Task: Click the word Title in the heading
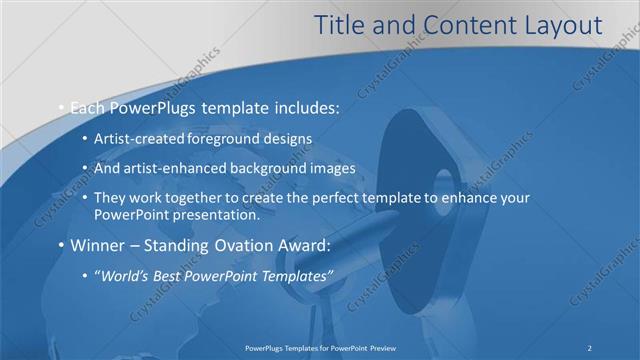pos(340,26)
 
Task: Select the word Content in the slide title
pos(466,26)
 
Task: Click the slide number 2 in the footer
pos(590,348)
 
